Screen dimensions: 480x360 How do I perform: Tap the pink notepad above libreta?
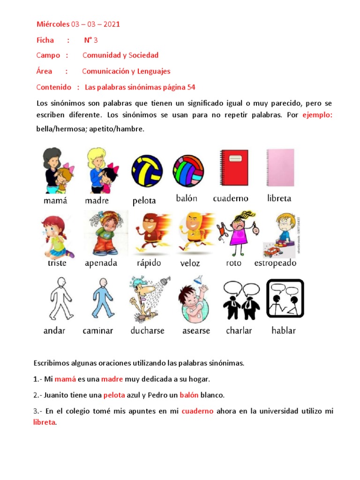pyautogui.click(x=280, y=168)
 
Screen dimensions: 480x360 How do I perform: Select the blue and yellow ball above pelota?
pyautogui.click(x=147, y=171)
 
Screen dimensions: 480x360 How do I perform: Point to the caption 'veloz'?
pyautogui.click(x=190, y=263)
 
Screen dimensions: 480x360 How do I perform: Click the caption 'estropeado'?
pyautogui.click(x=275, y=263)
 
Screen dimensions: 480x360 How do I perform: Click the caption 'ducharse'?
pyautogui.click(x=147, y=330)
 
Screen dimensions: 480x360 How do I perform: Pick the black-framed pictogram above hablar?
pyautogui.click(x=285, y=299)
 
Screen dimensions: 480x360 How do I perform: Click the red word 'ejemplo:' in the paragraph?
pyautogui.click(x=317, y=115)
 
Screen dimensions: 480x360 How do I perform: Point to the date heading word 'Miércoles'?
pyautogui.click(x=52, y=24)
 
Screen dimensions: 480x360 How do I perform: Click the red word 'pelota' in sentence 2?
pyautogui.click(x=114, y=395)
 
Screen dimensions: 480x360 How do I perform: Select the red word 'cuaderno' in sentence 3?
pyautogui.click(x=197, y=411)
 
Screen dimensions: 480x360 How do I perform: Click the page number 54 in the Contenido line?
pyautogui.click(x=191, y=87)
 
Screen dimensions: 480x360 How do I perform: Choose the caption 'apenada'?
pyautogui.click(x=101, y=263)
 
